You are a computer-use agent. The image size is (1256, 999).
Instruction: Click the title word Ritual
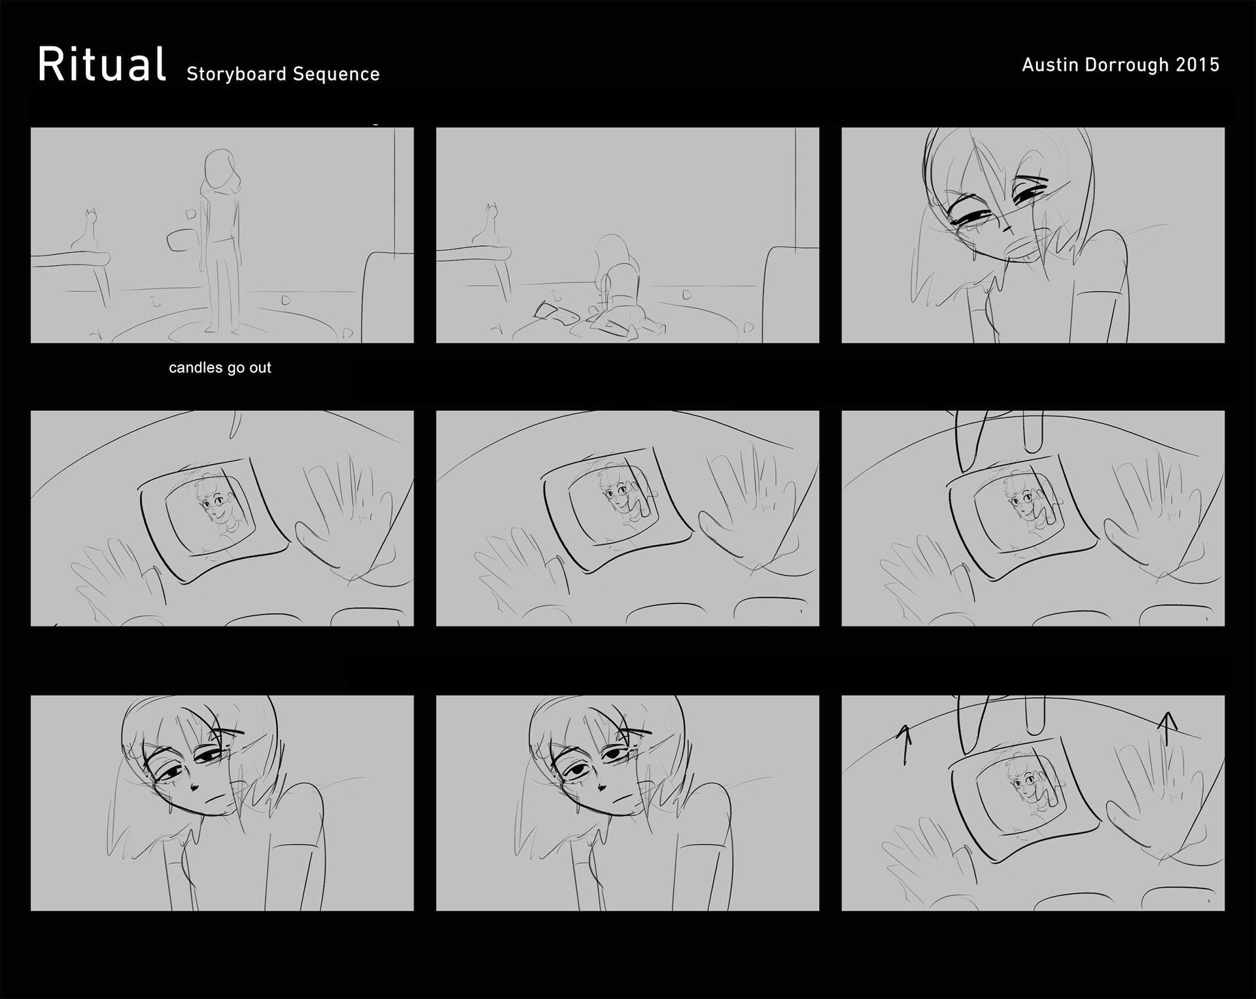point(101,64)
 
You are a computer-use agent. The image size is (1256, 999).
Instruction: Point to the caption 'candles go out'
point(220,368)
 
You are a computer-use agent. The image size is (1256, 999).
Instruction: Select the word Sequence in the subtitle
point(336,74)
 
